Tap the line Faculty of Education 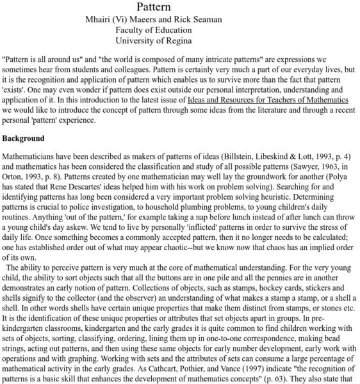(x=154, y=29)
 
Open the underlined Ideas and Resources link (x=268, y=100)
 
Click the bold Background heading (x=23, y=138)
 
